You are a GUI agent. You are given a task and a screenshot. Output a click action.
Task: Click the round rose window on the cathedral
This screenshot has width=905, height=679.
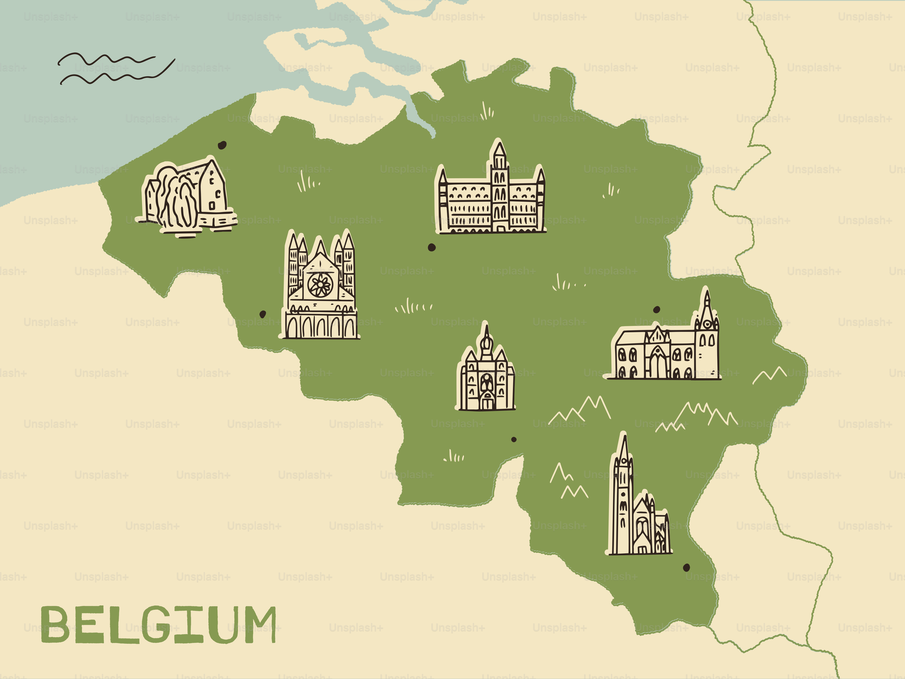(320, 285)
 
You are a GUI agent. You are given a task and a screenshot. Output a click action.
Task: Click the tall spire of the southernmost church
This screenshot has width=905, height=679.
(623, 454)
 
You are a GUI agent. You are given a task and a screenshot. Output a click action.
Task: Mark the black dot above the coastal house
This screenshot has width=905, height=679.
(222, 145)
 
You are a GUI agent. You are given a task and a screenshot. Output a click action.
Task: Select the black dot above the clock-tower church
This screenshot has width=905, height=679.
(657, 309)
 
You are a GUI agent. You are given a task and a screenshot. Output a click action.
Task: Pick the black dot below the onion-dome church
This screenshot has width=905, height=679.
(514, 440)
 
